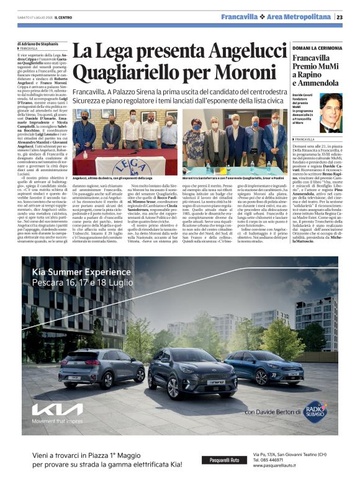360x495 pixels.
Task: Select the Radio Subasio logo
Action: coord(315,409)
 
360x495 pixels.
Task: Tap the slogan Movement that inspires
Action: coord(56,422)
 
